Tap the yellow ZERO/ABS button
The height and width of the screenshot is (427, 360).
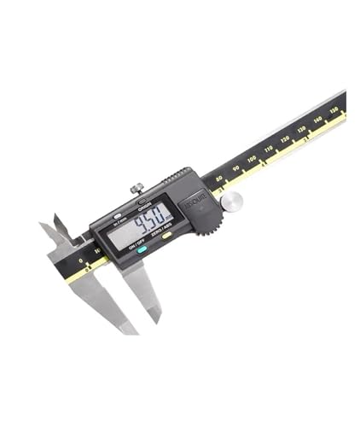167,235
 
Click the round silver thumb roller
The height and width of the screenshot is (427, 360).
231,201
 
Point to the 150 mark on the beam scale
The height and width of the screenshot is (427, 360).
334,110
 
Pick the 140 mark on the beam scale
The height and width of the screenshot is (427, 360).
317,120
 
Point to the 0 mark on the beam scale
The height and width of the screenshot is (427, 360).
81,260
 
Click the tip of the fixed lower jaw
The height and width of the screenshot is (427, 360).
128,329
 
